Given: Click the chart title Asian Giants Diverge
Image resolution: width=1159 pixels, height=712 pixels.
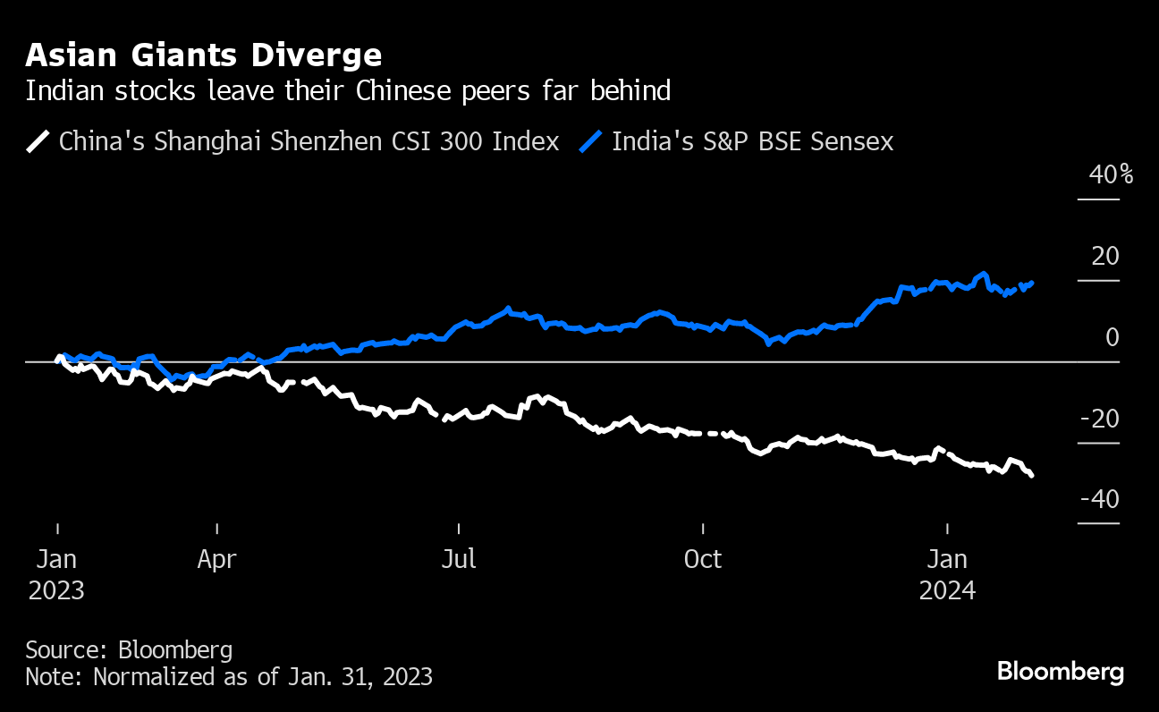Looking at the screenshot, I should click(x=204, y=55).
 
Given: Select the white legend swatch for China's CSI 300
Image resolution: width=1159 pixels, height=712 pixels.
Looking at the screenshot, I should click(x=38, y=141).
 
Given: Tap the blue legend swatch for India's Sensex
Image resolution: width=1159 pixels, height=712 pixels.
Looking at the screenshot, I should click(x=592, y=141).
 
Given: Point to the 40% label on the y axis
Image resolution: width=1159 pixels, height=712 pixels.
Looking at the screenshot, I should click(x=1111, y=174).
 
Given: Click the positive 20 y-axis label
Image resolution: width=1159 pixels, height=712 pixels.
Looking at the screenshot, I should click(x=1105, y=257).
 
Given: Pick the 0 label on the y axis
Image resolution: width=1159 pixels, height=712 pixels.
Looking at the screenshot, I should click(x=1112, y=338).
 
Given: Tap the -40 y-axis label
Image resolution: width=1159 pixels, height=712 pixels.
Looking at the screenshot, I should click(x=1099, y=500).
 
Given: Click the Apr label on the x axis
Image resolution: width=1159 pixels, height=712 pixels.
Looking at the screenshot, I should click(x=217, y=560).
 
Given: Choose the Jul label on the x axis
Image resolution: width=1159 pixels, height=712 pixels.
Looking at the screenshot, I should click(x=459, y=560).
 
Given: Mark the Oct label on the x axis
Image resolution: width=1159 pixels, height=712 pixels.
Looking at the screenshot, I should click(x=703, y=560).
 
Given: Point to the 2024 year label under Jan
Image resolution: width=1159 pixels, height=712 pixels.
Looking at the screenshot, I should click(x=947, y=591).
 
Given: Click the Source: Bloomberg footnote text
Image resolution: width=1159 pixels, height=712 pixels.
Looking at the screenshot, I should click(x=129, y=649).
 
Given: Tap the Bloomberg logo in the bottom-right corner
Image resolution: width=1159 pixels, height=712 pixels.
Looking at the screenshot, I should click(x=1061, y=672).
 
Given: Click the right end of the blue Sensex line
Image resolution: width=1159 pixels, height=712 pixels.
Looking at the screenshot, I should click(x=1033, y=283).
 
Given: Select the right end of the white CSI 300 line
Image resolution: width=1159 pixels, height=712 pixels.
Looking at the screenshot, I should click(x=1033, y=476).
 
